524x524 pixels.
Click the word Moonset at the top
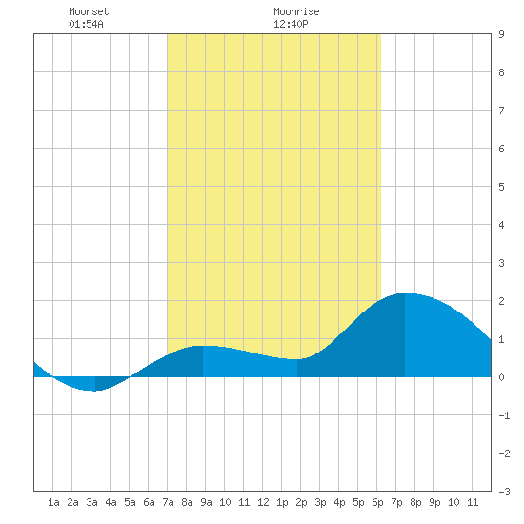click(89, 11)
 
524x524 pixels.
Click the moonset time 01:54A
click(86, 24)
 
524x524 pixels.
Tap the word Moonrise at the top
click(296, 11)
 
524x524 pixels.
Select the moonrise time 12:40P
click(291, 24)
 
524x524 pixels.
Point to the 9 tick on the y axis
click(501, 34)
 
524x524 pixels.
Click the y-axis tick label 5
click(501, 187)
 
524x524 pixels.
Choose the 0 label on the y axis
click(501, 377)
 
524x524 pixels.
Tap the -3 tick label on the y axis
click(504, 492)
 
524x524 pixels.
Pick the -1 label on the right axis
click(504, 415)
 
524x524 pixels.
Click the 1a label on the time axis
click(53, 502)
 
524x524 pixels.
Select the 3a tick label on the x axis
click(91, 502)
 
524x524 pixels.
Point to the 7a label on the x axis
click(168, 502)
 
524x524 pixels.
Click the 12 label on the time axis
click(263, 502)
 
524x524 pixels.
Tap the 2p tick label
click(301, 502)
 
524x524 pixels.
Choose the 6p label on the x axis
click(377, 502)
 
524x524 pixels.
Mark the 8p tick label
click(415, 502)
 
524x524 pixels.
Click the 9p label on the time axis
click(434, 502)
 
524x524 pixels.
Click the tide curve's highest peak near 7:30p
click(405, 293)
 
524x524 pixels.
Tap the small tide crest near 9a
click(203, 346)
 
